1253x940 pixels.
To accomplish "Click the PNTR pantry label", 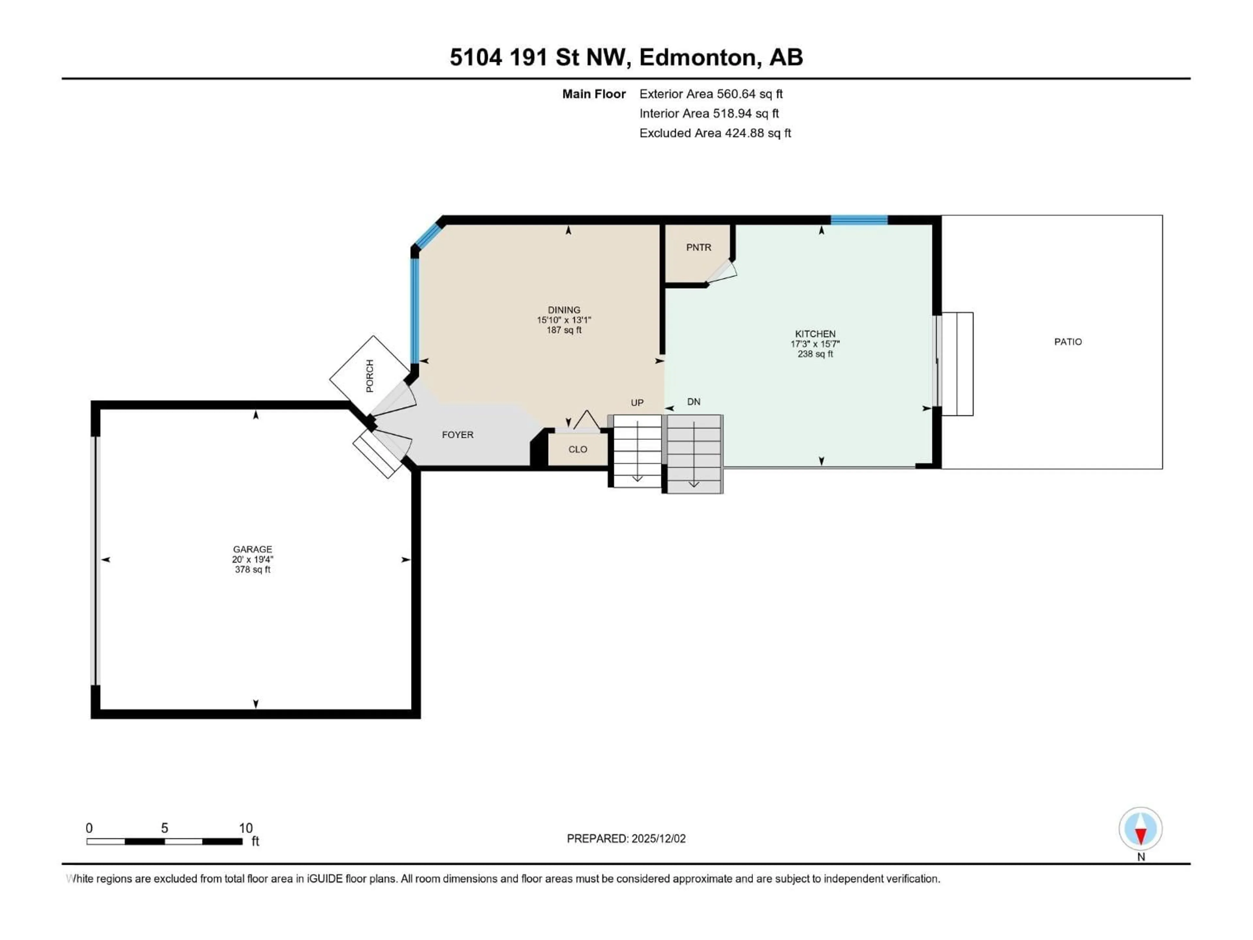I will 698,248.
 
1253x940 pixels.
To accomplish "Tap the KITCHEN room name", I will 815,334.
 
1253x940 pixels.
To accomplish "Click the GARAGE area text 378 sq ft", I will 253,570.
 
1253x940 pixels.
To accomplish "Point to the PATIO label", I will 1068,342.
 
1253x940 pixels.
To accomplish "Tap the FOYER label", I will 458,435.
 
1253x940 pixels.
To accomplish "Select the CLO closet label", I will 578,449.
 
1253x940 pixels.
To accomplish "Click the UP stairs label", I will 637,403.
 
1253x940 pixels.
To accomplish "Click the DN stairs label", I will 693,402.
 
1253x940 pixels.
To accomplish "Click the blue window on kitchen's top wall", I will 859,220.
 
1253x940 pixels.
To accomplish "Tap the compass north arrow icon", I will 1140,829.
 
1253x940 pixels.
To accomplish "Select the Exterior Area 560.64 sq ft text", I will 711,94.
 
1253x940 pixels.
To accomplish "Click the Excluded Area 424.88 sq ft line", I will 715,133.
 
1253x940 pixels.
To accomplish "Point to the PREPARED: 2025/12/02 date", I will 626,838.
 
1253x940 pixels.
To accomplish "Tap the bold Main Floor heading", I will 594,94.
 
